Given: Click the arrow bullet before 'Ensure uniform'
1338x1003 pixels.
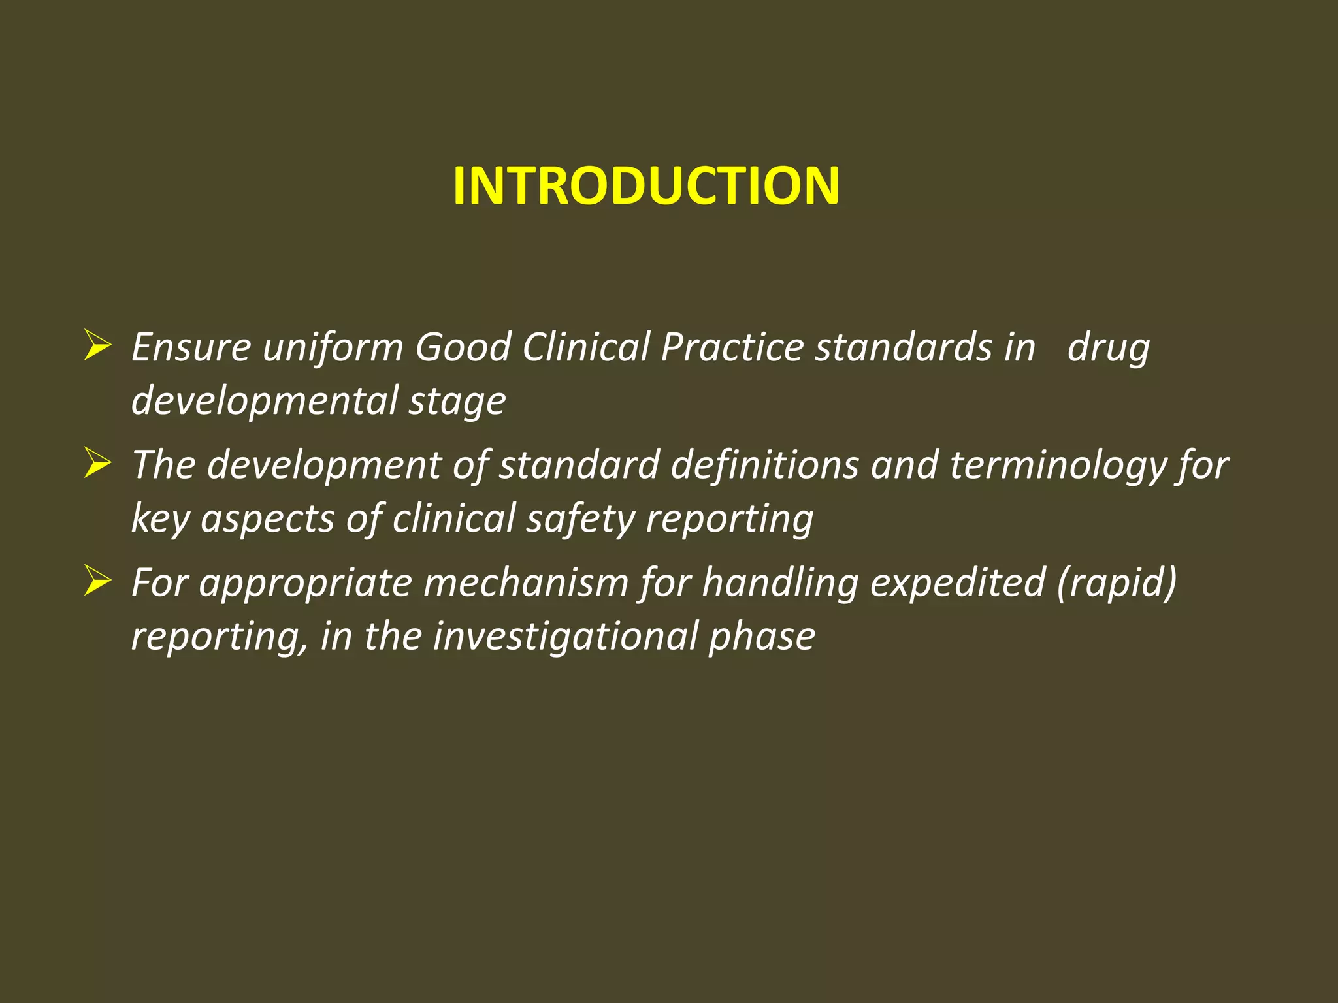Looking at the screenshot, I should click(x=97, y=345).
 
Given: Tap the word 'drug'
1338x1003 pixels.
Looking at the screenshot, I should click(x=1108, y=348).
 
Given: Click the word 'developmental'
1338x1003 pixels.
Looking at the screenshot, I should click(x=264, y=400).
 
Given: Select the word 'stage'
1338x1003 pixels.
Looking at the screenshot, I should click(x=457, y=402).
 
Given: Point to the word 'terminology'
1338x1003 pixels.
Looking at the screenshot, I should click(x=1058, y=466).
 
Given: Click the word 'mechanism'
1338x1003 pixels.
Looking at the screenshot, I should click(x=526, y=582).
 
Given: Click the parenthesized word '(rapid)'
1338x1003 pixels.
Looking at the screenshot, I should click(x=1117, y=582).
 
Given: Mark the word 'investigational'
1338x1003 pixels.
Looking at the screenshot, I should click(x=565, y=637).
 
